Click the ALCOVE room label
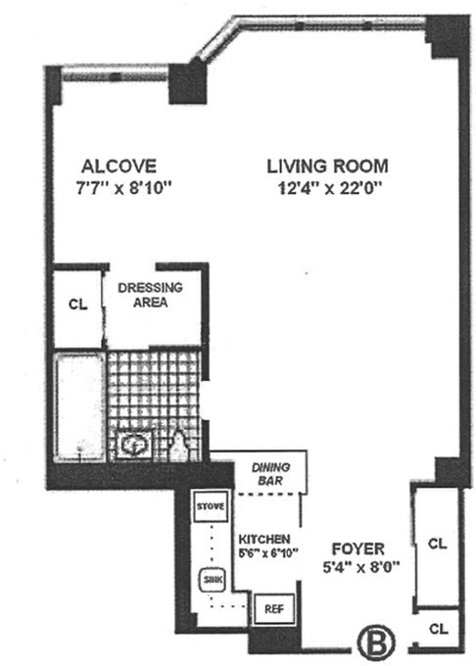(x=119, y=165)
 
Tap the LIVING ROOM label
(x=327, y=165)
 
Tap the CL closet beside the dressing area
(x=78, y=304)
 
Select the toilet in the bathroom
(x=177, y=447)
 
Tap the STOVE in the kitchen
(x=211, y=506)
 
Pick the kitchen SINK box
(x=212, y=578)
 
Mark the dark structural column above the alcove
(x=186, y=83)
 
